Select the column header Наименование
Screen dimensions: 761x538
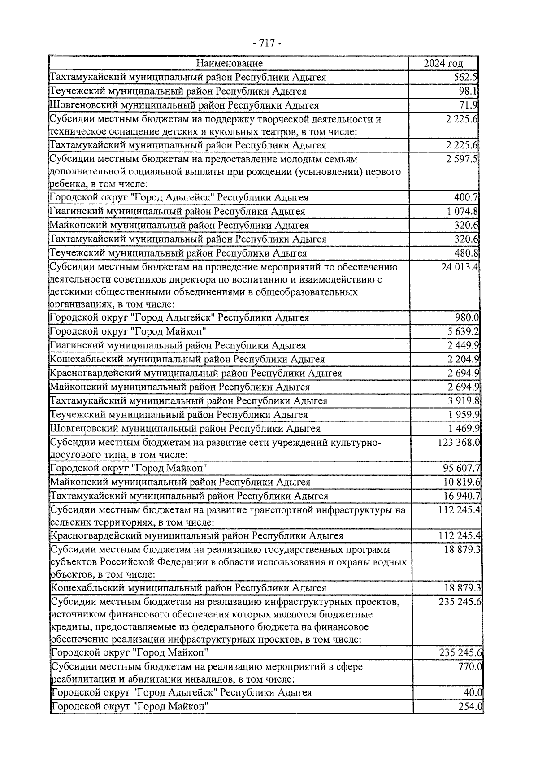pyautogui.click(x=230, y=63)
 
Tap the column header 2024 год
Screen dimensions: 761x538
pyautogui.click(x=443, y=63)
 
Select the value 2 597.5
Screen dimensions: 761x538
pyautogui.click(x=462, y=159)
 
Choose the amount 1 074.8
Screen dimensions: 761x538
pyautogui.click(x=462, y=211)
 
